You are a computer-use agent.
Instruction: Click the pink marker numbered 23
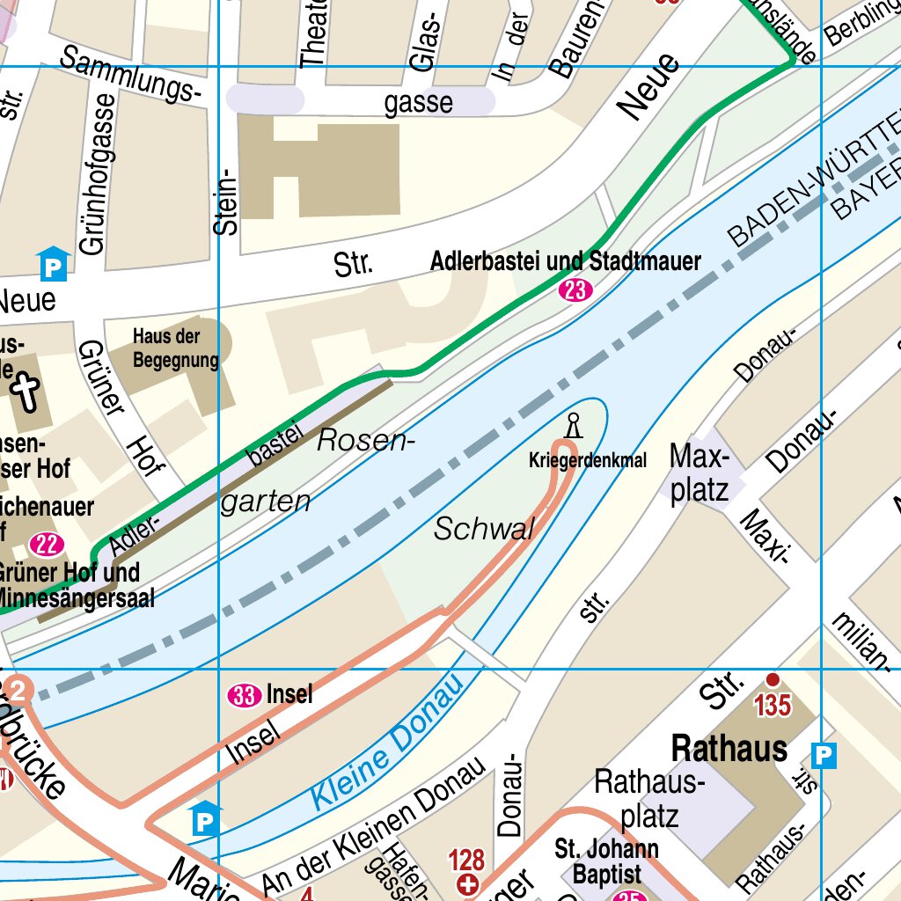pos(575,290)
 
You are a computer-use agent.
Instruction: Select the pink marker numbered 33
pos(244,696)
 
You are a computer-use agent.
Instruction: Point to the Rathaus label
pos(729,749)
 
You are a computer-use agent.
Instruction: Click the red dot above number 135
pos(773,679)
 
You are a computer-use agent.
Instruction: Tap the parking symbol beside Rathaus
pos(824,755)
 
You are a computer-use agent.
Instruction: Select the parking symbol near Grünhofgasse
pos(53,263)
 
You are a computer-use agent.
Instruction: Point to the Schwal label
pos(484,530)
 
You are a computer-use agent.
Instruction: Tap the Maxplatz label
pos(700,473)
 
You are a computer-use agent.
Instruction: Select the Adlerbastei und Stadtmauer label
pos(566,261)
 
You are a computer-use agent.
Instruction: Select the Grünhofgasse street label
pos(96,174)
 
